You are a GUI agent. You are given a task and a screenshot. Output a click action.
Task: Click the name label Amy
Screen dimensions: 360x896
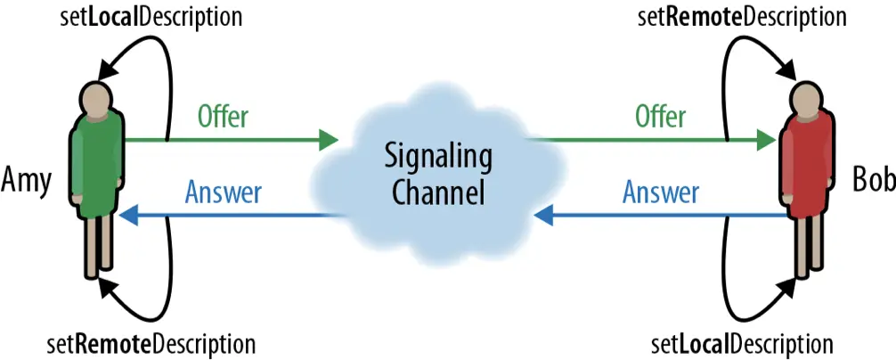27,180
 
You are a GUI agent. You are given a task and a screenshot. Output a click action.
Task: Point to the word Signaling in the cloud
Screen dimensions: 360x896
438,158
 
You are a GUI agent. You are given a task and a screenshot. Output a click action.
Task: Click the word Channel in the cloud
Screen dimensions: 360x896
438,192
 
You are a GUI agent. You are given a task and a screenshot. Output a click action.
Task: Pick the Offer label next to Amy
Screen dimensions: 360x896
223,116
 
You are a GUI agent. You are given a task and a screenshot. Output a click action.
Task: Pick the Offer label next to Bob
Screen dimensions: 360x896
660,116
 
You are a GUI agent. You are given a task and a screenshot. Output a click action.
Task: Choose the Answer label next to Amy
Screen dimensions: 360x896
224,192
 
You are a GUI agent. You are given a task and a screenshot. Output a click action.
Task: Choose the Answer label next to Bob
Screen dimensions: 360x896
661,192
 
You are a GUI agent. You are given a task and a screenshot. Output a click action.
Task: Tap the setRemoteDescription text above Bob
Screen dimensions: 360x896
741,17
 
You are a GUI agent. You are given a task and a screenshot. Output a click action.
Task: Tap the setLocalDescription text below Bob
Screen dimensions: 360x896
742,344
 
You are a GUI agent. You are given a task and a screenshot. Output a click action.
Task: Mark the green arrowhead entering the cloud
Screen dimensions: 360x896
329,140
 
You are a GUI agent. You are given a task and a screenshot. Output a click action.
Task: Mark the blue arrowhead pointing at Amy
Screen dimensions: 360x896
130,215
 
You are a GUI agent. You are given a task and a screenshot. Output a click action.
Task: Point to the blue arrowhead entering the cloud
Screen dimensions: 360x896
543,215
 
